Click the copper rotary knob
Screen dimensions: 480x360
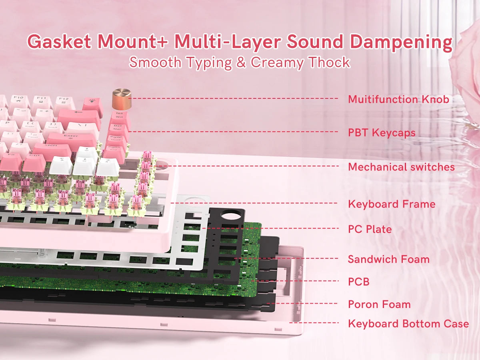pyautogui.click(x=122, y=98)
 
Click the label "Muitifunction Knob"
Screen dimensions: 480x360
pyautogui.click(x=399, y=99)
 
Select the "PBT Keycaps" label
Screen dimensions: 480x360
pyautogui.click(x=382, y=133)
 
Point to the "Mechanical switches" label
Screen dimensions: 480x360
pyautogui.click(x=401, y=167)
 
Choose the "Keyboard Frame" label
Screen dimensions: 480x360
pyautogui.click(x=392, y=204)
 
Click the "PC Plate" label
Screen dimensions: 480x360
pyautogui.click(x=370, y=229)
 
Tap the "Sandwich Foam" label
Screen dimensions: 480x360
pyautogui.click(x=389, y=259)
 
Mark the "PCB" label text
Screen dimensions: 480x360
pyautogui.click(x=359, y=282)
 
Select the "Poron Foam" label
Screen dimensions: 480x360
pyautogui.click(x=380, y=304)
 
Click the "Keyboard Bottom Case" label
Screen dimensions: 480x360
pyautogui.click(x=408, y=324)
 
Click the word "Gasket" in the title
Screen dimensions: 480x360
pyautogui.click(x=59, y=42)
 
